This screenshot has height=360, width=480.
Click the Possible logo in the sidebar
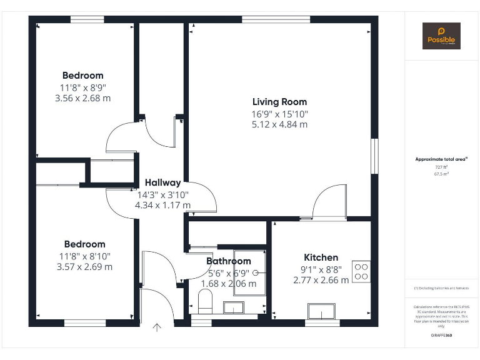[x=441, y=36]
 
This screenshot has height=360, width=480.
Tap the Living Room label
[x=279, y=102]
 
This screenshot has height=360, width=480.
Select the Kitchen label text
[x=321, y=257]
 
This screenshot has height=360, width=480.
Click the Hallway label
[x=162, y=183]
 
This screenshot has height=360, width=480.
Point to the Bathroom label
[x=229, y=261]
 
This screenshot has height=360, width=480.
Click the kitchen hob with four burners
[x=361, y=271]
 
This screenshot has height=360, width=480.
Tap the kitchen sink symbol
[x=323, y=311]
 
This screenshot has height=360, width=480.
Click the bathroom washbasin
[x=234, y=307]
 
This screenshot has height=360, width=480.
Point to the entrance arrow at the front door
[x=156, y=326]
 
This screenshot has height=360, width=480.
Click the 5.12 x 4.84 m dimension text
[x=279, y=124]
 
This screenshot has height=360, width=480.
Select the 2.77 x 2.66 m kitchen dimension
[x=321, y=281]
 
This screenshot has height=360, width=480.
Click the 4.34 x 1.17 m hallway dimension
[x=162, y=204]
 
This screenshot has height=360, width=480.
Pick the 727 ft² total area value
[x=441, y=167]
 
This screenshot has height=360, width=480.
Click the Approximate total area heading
[x=441, y=159]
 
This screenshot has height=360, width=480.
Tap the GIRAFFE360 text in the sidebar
[x=441, y=336]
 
